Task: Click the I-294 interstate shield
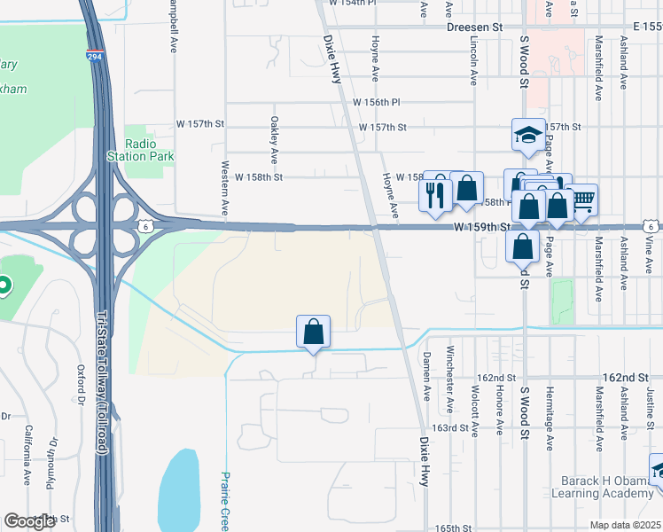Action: point(93,57)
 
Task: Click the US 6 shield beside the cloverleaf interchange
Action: point(144,226)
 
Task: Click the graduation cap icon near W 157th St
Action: point(528,136)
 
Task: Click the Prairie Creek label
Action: point(225,502)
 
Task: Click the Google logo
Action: point(30,521)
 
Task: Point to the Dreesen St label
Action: point(474,27)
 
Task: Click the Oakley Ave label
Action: point(275,139)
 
